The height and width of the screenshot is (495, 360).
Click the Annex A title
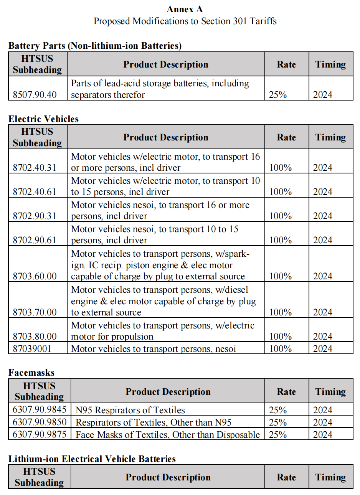tap(185, 9)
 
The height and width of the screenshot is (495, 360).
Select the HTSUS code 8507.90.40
tap(35, 95)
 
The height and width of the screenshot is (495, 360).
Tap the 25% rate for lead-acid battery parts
tap(278, 95)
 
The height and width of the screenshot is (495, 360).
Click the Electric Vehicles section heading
tap(43, 119)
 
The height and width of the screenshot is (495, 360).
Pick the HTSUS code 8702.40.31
tap(35, 168)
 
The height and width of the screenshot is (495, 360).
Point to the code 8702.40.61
tap(35, 192)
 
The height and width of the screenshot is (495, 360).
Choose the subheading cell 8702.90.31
tap(35, 216)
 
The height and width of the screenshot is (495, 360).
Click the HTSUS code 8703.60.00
tap(35, 276)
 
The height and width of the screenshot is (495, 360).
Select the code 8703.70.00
tap(35, 312)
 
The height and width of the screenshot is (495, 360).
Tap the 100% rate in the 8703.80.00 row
tap(281, 337)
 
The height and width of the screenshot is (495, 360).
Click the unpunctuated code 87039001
tap(32, 349)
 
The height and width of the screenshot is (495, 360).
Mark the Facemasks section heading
tap(31, 373)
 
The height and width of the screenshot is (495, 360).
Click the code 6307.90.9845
tap(40, 410)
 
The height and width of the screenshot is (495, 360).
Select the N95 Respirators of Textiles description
tap(130, 410)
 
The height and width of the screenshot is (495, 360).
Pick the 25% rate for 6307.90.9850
tap(278, 422)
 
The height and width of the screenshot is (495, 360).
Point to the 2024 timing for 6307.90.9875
tap(322, 435)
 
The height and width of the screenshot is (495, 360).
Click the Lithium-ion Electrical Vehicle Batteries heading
tap(92, 459)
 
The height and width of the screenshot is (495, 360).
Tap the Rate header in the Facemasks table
tap(286, 392)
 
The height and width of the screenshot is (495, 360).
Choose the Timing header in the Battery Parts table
tap(330, 64)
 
